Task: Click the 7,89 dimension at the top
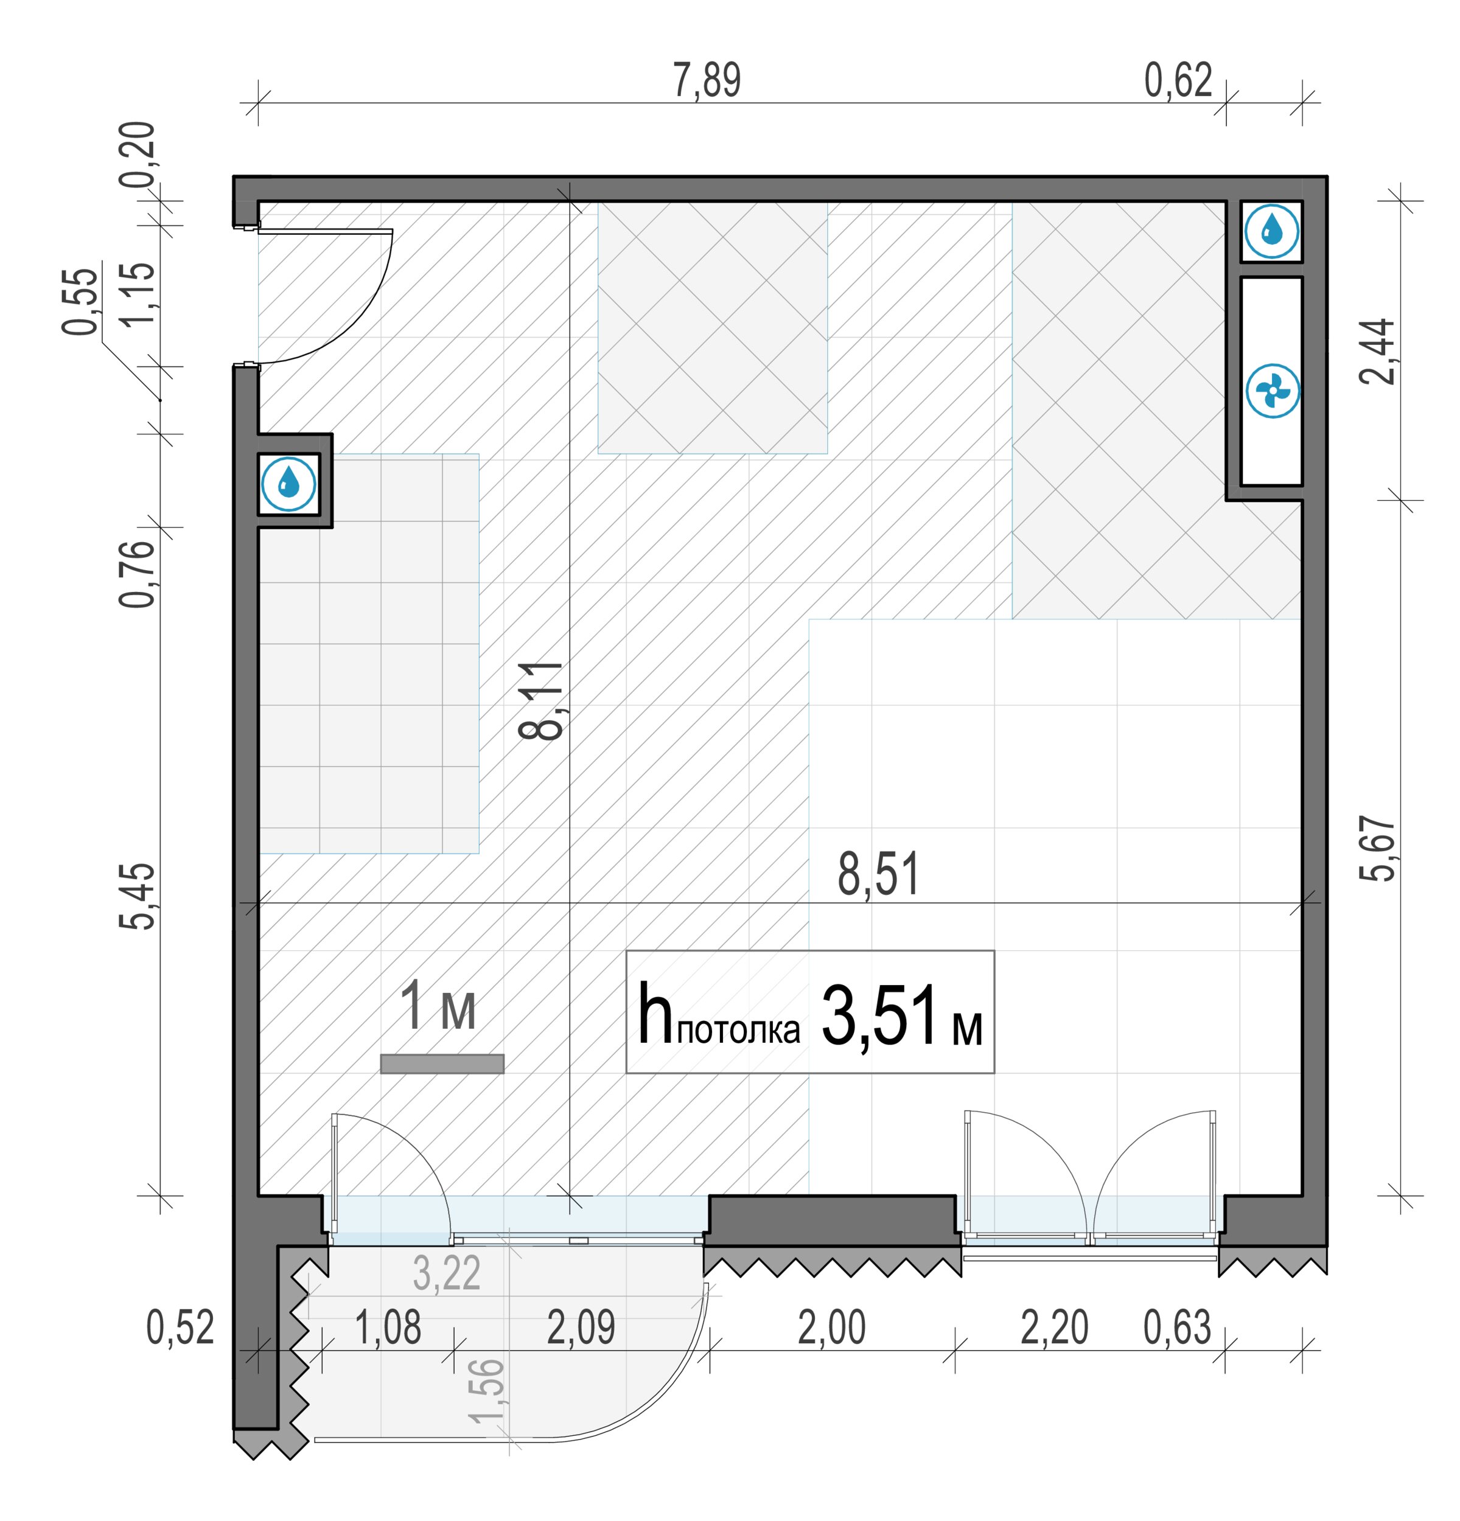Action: click(707, 81)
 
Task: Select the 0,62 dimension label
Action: click(1178, 81)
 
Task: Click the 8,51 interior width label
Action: click(878, 875)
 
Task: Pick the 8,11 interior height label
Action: click(541, 701)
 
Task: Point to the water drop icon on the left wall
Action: click(288, 484)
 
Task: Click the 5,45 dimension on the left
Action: click(138, 896)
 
